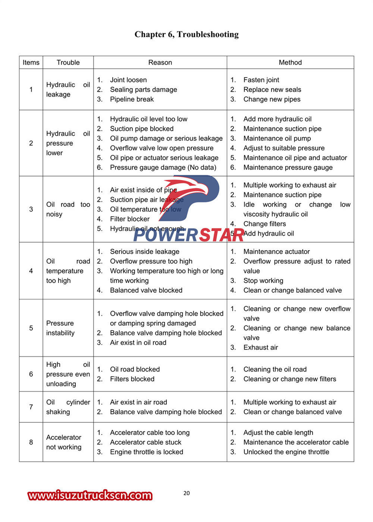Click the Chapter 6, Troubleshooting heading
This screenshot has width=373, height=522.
tap(186, 34)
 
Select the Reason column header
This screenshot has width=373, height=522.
tap(160, 62)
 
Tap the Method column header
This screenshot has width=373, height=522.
tap(290, 62)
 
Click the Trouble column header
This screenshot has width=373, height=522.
tap(68, 62)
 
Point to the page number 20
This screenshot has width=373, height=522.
tap(186, 493)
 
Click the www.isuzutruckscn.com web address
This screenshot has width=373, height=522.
tap(90, 495)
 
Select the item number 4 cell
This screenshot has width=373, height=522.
tap(31, 271)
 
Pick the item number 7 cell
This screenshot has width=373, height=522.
tap(31, 407)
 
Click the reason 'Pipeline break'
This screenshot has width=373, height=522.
tap(132, 99)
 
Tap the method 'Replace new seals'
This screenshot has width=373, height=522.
tap(272, 89)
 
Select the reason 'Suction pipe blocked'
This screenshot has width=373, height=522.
tap(141, 129)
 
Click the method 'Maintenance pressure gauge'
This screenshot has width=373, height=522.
tap(288, 167)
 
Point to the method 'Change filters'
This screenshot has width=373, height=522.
tap(264, 224)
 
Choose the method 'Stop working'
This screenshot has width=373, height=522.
tap(263, 280)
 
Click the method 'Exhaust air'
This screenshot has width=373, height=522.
tap(260, 348)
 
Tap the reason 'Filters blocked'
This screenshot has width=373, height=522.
tap(132, 379)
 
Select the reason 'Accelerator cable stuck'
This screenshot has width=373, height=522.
tap(145, 442)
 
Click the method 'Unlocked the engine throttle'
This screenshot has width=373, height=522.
tap(286, 452)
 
